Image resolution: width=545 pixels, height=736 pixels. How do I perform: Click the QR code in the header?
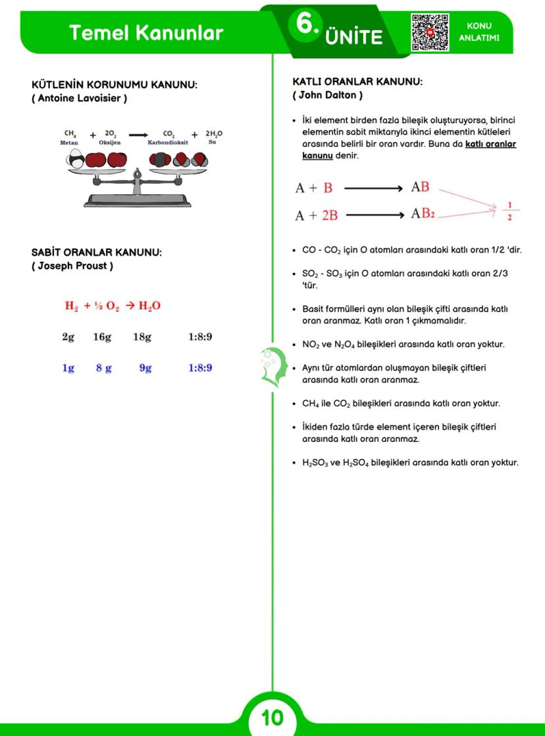[430, 32]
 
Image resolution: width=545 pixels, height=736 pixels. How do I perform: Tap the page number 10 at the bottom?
[272, 717]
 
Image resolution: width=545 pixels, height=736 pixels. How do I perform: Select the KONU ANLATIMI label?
[479, 32]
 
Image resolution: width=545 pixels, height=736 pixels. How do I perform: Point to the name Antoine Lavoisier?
[80, 99]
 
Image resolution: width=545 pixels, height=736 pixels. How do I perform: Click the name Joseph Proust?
[72, 266]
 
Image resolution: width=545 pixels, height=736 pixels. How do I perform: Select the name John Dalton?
[327, 95]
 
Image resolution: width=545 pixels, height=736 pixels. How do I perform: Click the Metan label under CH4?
[69, 142]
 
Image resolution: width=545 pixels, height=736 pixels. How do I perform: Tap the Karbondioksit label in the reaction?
[168, 142]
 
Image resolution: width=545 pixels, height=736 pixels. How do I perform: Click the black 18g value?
[142, 337]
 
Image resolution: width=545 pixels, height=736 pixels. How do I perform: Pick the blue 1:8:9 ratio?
[200, 368]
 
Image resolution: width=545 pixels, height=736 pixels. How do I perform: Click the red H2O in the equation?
[149, 306]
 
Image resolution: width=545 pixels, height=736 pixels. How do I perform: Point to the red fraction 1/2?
[509, 210]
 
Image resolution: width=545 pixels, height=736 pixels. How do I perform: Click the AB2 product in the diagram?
[423, 214]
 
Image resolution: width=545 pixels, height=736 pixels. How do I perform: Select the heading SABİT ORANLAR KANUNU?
[97, 253]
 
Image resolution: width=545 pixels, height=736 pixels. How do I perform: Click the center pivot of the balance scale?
[137, 174]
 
